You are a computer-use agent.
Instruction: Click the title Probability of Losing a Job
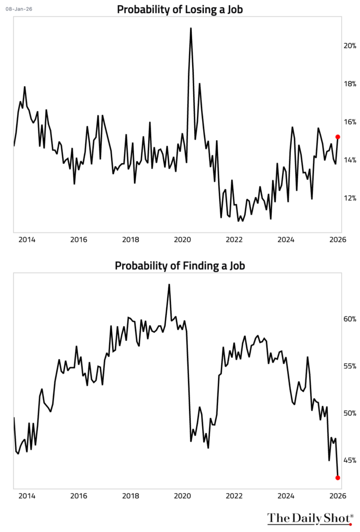pyautogui.click(x=180, y=9)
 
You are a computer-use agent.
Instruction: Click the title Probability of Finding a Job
pyautogui.click(x=180, y=265)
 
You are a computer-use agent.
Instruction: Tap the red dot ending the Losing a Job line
pyautogui.click(x=338, y=137)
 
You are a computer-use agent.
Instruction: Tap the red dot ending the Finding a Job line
pyautogui.click(x=338, y=477)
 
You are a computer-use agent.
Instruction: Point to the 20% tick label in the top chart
pyautogui.click(x=350, y=46)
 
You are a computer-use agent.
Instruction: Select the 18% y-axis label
pyautogui.click(x=350, y=84)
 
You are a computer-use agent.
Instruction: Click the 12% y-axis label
pyautogui.click(x=350, y=198)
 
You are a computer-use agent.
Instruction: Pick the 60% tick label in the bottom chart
pyautogui.click(x=350, y=319)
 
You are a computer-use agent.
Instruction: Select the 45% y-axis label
pyautogui.click(x=350, y=460)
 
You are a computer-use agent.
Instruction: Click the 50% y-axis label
pyautogui.click(x=350, y=414)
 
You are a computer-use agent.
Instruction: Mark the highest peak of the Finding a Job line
pyautogui.click(x=169, y=285)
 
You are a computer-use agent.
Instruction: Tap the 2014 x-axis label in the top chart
pyautogui.click(x=26, y=240)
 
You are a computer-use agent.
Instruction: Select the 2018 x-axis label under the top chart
pyautogui.click(x=130, y=240)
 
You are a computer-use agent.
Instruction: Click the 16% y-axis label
pyautogui.click(x=350, y=122)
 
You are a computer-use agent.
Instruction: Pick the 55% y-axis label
pyautogui.click(x=350, y=366)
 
